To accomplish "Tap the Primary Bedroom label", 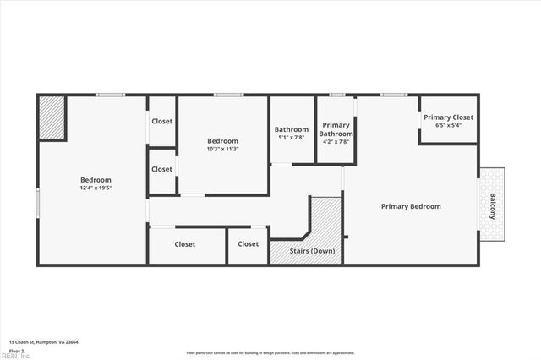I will click(411, 206).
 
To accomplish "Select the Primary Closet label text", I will click(448, 117).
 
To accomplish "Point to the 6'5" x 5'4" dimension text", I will click(448, 125).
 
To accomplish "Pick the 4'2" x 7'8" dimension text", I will click(336, 142).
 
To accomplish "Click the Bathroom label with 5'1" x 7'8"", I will click(292, 129).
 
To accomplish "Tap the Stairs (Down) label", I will click(312, 251).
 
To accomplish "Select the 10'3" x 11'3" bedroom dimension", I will click(223, 149).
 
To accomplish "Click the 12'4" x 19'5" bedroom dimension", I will click(96, 188).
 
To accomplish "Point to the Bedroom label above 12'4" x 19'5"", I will click(96, 179).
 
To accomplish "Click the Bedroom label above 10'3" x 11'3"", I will click(223, 141).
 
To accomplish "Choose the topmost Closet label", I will click(162, 121).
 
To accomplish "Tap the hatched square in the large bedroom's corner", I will click(52, 117).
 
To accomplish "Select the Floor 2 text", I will click(17, 350).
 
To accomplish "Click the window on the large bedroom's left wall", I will click(37, 204).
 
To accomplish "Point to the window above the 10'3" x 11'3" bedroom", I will click(228, 95).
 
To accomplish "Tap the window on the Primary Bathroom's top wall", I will click(337, 95).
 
